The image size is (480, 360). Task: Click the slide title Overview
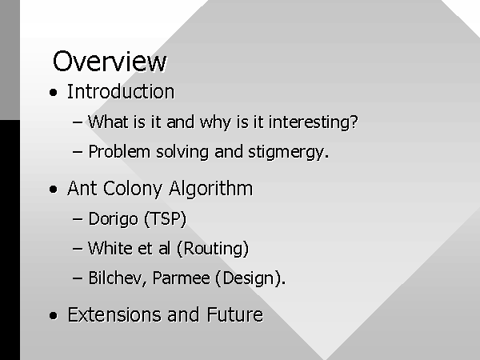click(x=110, y=62)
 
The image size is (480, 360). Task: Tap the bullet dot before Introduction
click(x=54, y=93)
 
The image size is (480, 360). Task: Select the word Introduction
click(x=121, y=91)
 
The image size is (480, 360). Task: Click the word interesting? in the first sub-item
click(x=313, y=122)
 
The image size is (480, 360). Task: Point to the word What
click(x=108, y=122)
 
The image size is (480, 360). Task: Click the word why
click(x=215, y=122)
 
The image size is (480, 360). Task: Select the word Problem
click(x=119, y=151)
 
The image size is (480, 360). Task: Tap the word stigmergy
click(x=288, y=152)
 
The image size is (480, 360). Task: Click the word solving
click(x=182, y=152)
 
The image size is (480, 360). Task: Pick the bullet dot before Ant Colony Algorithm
click(x=54, y=189)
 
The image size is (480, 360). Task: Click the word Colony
click(x=133, y=189)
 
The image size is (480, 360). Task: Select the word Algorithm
click(x=210, y=189)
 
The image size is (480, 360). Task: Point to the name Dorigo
click(x=113, y=219)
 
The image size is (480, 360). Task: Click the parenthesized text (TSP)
click(x=165, y=219)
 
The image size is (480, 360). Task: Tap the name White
click(x=110, y=248)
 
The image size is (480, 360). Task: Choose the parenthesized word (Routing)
click(x=213, y=249)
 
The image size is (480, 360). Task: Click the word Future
click(x=234, y=314)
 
